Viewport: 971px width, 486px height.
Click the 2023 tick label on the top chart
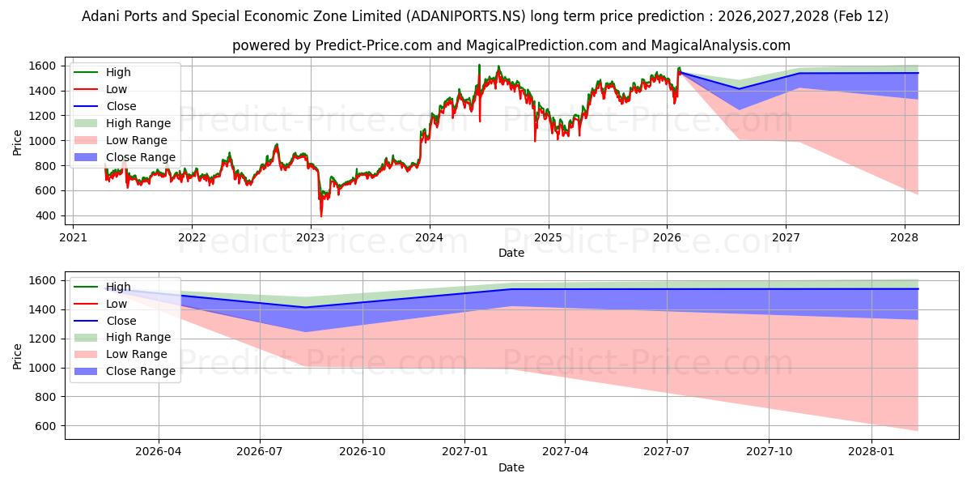311,237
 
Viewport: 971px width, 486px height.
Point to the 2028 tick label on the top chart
905,237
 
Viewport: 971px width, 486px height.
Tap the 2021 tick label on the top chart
73,237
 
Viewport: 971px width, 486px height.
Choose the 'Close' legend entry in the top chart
121,106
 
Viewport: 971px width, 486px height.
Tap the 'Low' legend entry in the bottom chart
117,304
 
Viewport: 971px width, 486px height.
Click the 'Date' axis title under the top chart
511,253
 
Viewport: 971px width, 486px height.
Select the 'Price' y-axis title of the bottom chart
18,356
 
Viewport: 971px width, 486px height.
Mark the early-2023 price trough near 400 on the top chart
321,215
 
